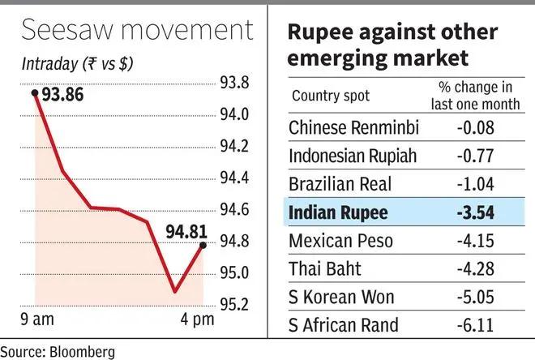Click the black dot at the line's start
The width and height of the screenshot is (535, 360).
click(35, 92)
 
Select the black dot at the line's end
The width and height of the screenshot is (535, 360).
click(203, 244)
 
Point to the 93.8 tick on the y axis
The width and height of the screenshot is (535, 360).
click(235, 83)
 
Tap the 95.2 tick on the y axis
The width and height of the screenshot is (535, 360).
click(235, 305)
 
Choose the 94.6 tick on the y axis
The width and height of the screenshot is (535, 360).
click(235, 210)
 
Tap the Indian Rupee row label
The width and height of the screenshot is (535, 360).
click(339, 214)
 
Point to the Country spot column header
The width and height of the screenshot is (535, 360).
click(331, 96)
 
